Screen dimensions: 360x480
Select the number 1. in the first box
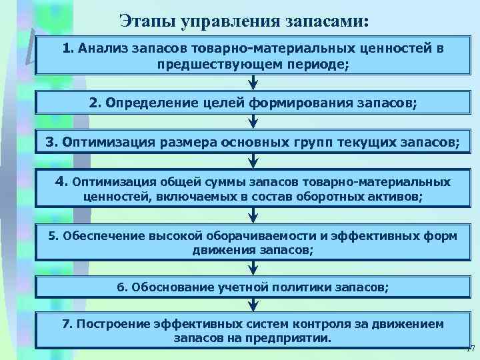click(69, 49)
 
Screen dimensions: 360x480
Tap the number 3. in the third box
click(53, 142)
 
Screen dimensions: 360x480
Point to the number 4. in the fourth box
click(62, 181)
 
